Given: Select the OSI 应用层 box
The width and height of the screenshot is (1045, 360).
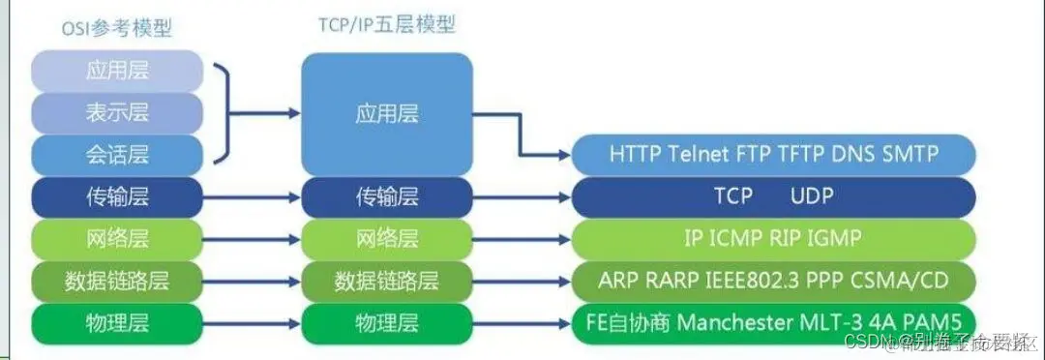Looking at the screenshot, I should tap(117, 71).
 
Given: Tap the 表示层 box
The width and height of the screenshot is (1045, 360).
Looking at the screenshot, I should tap(117, 113).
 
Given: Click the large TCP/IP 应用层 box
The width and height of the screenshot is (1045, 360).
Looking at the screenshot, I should tap(387, 113).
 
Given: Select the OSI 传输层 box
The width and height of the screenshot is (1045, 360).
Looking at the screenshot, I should tap(117, 196).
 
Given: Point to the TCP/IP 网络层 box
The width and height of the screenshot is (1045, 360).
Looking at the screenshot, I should tap(387, 238).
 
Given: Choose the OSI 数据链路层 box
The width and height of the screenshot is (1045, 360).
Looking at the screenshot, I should tap(117, 281).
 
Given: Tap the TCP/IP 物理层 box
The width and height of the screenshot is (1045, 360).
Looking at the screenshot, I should tap(387, 321).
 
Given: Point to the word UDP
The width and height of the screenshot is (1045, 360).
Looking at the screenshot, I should tap(812, 196).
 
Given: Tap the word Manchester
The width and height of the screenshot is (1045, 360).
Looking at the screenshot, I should tap(739, 321).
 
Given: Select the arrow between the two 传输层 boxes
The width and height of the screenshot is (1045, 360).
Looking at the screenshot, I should tap(252, 197).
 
